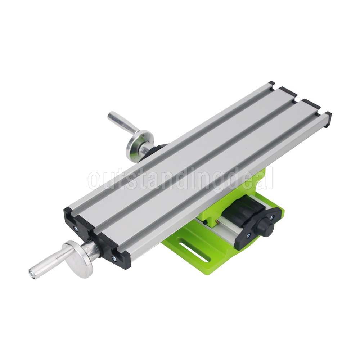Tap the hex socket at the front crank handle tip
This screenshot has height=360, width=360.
(32, 273)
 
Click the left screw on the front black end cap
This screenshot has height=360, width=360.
(75, 228)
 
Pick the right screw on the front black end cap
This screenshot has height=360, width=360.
(114, 258)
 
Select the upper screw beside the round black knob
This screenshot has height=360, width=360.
(271, 217)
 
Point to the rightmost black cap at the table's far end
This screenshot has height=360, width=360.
(327, 119)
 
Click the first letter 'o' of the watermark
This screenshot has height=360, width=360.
(94, 181)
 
